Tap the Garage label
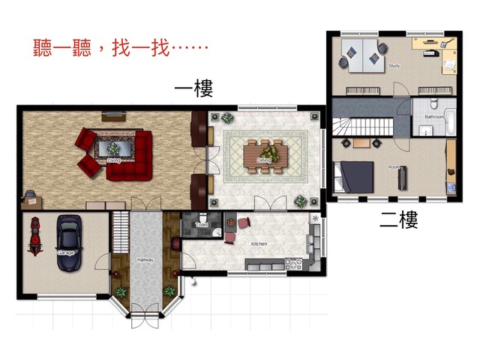pyautogui.click(x=66, y=253)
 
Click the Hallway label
pyautogui.click(x=145, y=259)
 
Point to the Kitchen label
pyautogui.click(x=259, y=244)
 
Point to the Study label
pyautogui.click(x=394, y=66)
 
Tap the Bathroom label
pyautogui.click(x=434, y=117)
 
